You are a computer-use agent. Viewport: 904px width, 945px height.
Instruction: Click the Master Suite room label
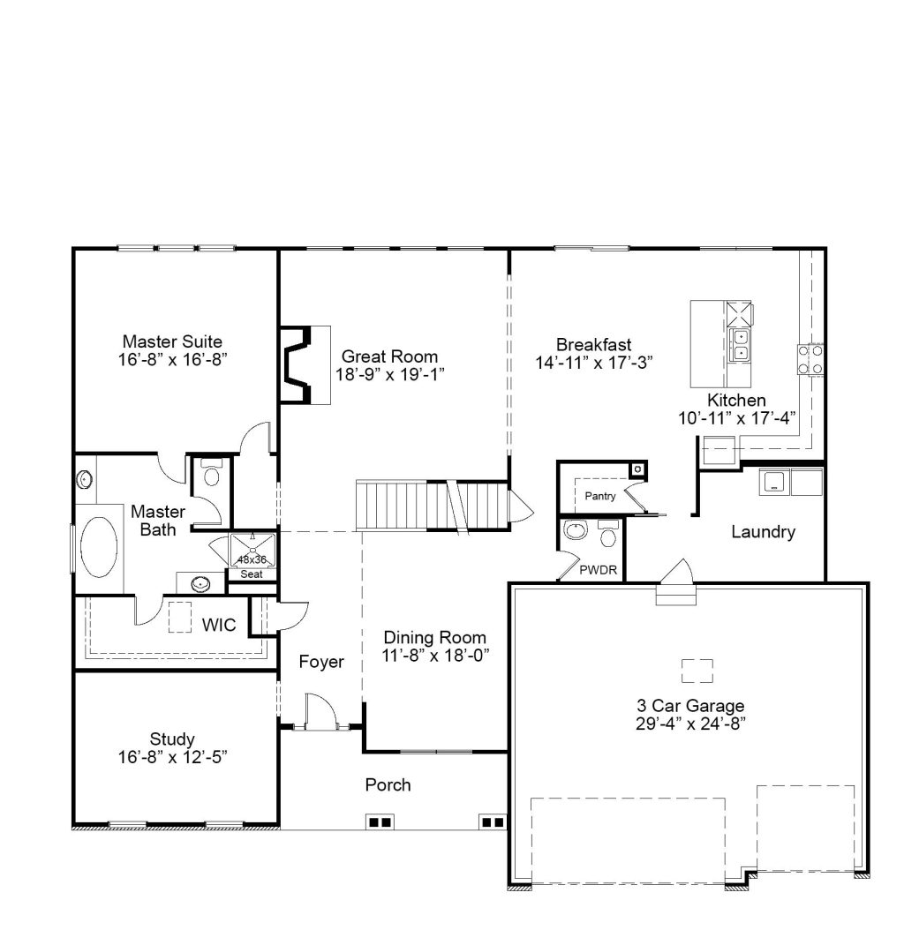coord(172,341)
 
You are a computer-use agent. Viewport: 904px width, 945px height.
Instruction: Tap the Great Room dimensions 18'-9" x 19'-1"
coord(389,374)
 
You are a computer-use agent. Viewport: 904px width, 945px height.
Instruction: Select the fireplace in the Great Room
coord(296,364)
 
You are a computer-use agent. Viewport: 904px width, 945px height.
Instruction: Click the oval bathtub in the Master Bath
coord(99,547)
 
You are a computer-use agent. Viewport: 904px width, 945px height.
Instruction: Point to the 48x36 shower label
coord(252,560)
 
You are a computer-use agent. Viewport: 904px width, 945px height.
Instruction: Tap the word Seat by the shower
coord(252,574)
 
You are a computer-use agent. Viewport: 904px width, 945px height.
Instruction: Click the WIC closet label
coord(218,625)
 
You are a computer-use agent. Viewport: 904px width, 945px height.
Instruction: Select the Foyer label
coord(321,662)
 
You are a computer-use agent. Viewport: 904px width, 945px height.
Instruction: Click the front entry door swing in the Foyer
coord(320,711)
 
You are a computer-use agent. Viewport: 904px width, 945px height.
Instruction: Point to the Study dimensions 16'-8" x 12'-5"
coord(172,757)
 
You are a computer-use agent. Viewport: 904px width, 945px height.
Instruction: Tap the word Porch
coord(388,784)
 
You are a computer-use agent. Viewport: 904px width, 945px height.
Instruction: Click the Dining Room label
coord(435,638)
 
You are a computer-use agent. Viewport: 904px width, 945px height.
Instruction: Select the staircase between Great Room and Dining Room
coord(433,506)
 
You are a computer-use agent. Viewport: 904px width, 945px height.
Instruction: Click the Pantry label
coord(600,496)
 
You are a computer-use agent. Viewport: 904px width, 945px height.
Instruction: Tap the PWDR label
coord(599,570)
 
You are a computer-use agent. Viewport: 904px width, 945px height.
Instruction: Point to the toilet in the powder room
coord(608,534)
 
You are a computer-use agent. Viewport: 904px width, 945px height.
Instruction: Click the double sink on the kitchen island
coord(740,345)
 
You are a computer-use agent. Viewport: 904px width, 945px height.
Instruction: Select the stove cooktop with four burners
coord(810,359)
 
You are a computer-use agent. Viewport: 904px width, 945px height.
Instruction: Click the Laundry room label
coord(763,531)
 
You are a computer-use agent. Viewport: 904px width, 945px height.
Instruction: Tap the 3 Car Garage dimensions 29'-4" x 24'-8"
coord(690,724)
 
